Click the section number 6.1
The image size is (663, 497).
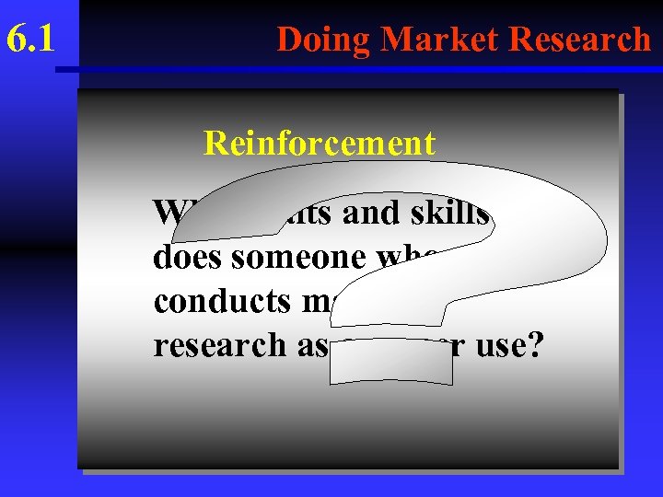[x=29, y=40]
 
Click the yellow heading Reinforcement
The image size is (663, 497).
[x=319, y=144]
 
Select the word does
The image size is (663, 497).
[x=186, y=257]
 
